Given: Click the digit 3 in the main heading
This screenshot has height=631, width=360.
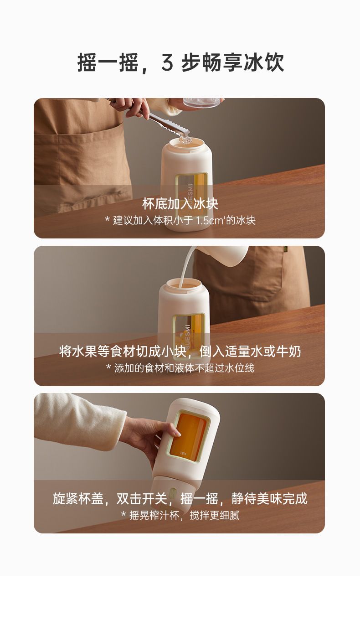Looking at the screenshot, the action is click(x=167, y=62).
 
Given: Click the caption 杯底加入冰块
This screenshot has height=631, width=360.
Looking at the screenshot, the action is click(x=180, y=204).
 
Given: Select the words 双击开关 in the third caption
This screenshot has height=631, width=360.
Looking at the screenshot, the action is click(x=142, y=499).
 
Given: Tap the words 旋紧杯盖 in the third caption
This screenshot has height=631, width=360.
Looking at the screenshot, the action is click(x=78, y=499).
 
